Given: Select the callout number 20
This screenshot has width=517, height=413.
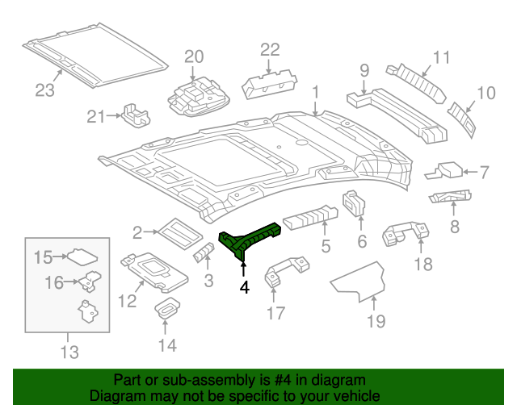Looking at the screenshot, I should point(194,56).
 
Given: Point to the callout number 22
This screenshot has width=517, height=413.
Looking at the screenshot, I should point(269,50).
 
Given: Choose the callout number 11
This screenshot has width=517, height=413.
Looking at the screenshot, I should point(440,57).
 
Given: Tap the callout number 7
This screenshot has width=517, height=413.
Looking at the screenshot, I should point(484,172).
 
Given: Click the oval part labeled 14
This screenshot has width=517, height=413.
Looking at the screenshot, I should point(166,309).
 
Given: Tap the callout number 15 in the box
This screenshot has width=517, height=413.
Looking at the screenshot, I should point(43,257).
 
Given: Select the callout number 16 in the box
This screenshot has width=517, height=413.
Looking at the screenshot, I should point(53,282).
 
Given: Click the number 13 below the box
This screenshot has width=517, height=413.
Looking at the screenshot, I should point(69,352).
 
